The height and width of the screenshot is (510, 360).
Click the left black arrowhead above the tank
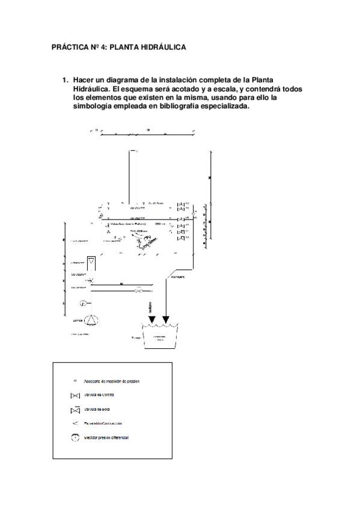tap(151, 319)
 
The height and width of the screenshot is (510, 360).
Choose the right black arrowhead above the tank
tap(166, 319)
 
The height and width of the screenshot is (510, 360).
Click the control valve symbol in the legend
tap(75, 396)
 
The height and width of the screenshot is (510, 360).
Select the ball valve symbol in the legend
tap(75, 410)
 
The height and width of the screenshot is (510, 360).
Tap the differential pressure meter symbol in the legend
tap(75, 438)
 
